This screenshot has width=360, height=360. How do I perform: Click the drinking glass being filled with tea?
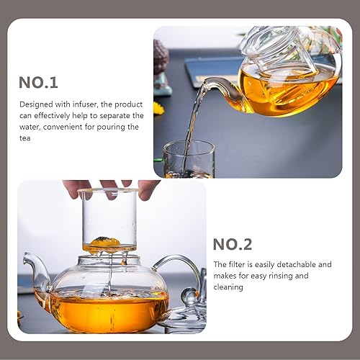click(189, 160)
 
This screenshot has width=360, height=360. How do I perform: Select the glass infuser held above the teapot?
click(109, 220)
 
